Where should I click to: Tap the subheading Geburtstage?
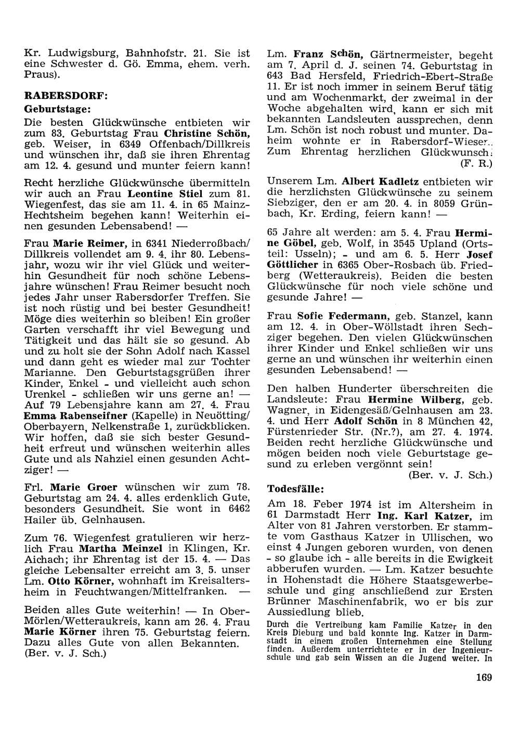[58, 109]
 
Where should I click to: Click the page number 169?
[483, 677]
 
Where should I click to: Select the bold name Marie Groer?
[84, 487]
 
